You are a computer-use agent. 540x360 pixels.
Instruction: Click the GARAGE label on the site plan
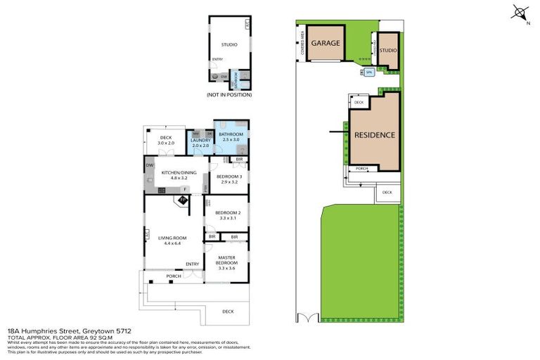click(326, 43)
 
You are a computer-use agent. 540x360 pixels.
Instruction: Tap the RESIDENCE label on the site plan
click(373, 135)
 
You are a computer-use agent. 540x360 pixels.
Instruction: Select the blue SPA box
click(368, 72)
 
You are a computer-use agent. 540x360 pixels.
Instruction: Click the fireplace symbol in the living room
click(182, 200)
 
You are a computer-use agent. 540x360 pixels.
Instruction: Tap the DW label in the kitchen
click(150, 165)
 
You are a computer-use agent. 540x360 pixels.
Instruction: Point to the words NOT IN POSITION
click(229, 95)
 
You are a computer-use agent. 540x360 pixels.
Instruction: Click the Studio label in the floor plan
click(229, 45)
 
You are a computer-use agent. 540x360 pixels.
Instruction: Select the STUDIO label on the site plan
click(388, 51)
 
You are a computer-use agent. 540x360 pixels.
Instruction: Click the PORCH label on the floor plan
click(174, 276)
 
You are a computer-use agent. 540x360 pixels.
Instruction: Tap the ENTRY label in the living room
click(192, 264)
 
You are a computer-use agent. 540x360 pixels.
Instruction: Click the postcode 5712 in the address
click(123, 330)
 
